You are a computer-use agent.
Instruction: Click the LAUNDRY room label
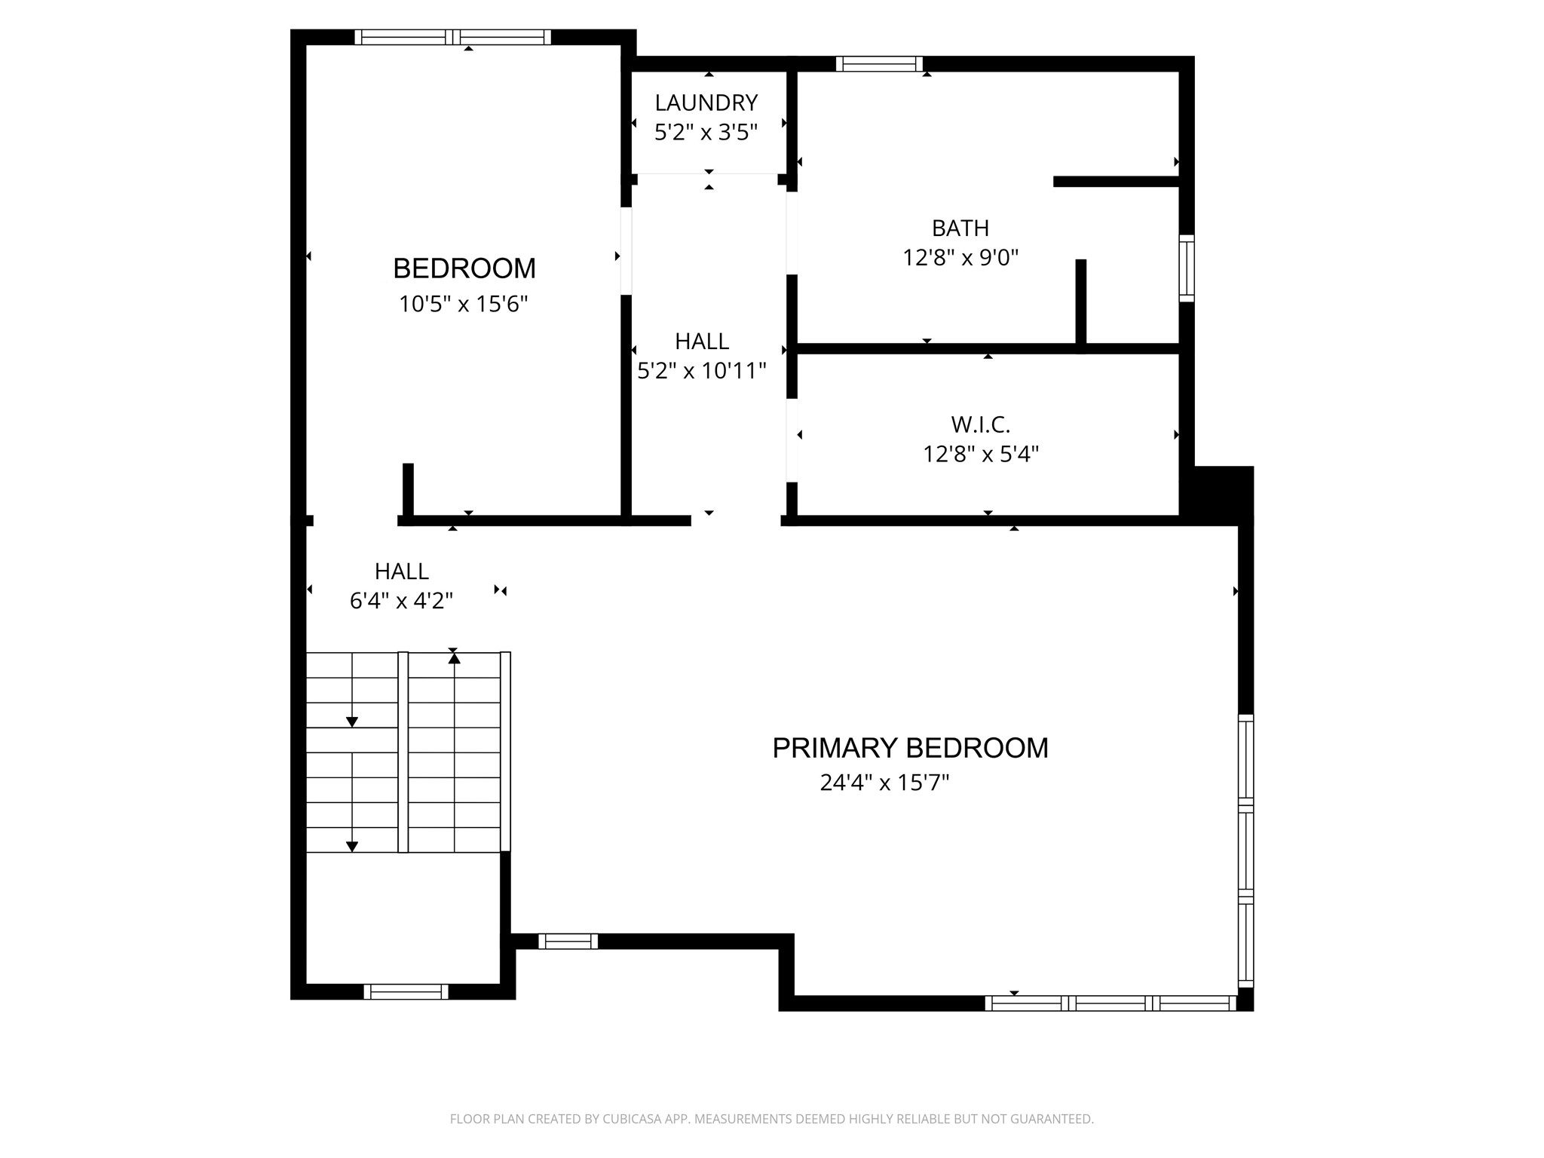coord(706,103)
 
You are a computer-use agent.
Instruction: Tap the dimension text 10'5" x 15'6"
coord(463,305)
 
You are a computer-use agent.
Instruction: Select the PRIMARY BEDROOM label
coord(910,748)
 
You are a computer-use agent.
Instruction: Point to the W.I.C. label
coord(980,424)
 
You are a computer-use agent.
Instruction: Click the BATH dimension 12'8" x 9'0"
coord(960,258)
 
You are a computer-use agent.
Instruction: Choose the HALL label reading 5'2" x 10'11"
coord(702,342)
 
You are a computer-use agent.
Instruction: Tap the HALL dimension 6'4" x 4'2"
coord(401,601)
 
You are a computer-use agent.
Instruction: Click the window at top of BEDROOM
coord(452,37)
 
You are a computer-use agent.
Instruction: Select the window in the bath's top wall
coord(879,64)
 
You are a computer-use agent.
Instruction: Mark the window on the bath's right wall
coord(1186,268)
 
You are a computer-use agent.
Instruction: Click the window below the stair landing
coord(406,991)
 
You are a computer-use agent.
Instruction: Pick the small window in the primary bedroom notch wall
coord(568,941)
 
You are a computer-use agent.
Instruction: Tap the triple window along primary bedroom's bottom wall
coord(1111,1003)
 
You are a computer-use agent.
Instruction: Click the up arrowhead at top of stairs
coord(454,659)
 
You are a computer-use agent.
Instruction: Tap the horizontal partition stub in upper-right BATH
coord(1116,181)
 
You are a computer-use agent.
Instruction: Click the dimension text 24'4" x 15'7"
coord(884,783)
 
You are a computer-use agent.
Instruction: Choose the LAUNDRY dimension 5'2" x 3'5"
coord(706,133)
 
